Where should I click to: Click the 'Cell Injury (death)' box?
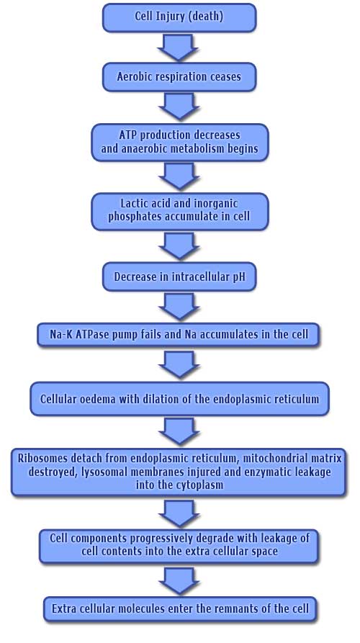(179, 17)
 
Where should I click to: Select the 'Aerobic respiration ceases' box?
(179, 76)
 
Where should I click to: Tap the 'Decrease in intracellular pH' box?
(179, 276)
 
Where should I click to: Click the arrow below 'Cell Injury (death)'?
(178, 48)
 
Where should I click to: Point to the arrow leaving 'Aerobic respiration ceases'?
(179, 107)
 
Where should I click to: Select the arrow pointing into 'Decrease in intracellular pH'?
(179, 246)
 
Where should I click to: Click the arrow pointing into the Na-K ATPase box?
(179, 306)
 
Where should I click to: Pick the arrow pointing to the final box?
(179, 580)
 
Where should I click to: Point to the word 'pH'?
(238, 276)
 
